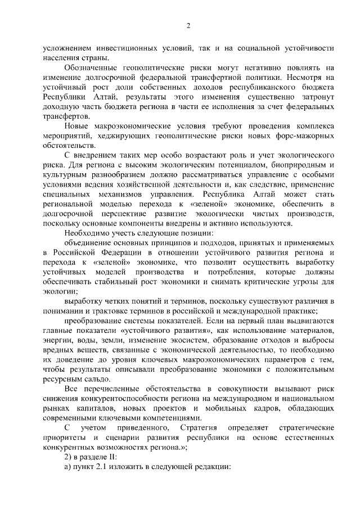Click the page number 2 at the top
click(189, 25)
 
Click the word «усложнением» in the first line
click(69, 49)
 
